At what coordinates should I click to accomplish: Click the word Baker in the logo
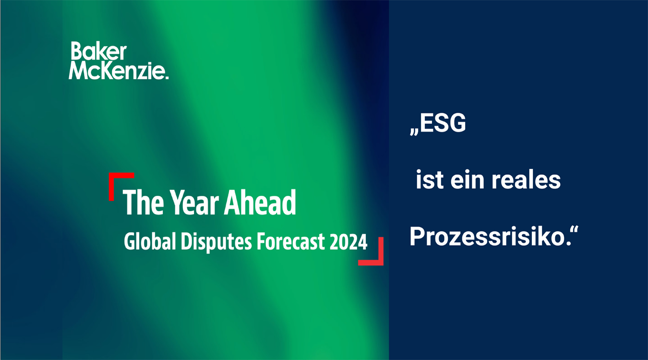tap(99, 51)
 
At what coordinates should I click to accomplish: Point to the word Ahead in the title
tap(260, 202)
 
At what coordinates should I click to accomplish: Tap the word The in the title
tap(144, 202)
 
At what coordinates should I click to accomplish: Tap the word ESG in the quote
tap(443, 123)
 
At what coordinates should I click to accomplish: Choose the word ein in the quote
tap(467, 180)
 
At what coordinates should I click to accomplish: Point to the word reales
tap(526, 180)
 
